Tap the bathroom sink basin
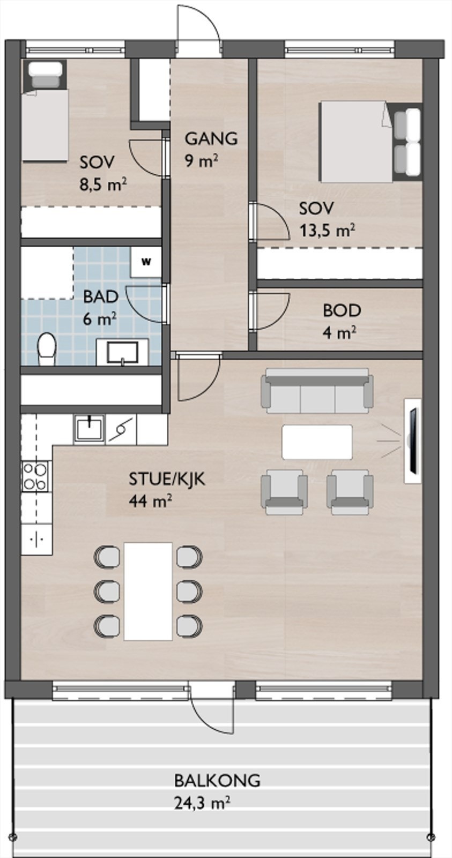pyautogui.click(x=123, y=352)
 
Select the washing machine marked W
pyautogui.click(x=145, y=262)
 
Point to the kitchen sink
pyautogui.click(x=90, y=429)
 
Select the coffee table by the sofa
pyautogui.click(x=317, y=442)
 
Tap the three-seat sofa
pyautogui.click(x=317, y=391)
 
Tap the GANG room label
pyautogui.click(x=211, y=138)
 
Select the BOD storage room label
pyautogui.click(x=342, y=310)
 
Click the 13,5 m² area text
pyautogui.click(x=327, y=231)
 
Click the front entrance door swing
pyautogui.click(x=199, y=26)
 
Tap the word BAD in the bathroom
pyautogui.click(x=101, y=297)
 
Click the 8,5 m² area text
pyautogui.click(x=103, y=185)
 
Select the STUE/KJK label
pyautogui.click(x=167, y=479)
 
